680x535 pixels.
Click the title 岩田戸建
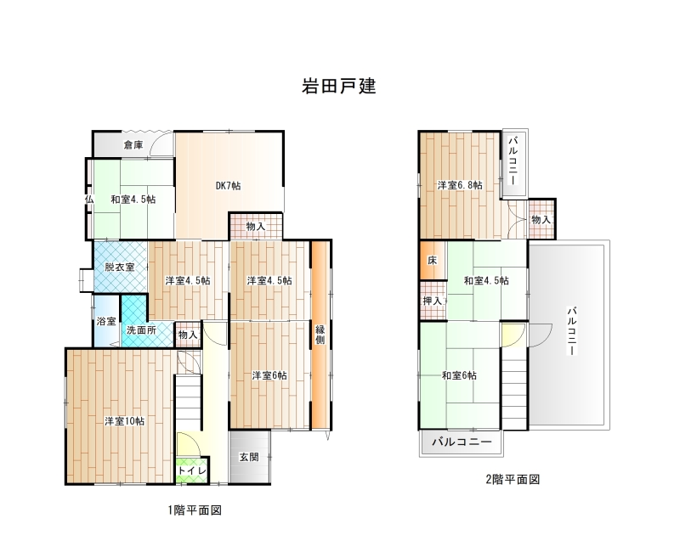pos(338,87)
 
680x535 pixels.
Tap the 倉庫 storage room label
pos(133,144)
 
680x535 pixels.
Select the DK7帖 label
pos(228,185)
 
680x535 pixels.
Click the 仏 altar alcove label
pos(89,200)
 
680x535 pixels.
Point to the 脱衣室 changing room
pos(120,267)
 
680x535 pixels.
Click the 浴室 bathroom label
pos(106,322)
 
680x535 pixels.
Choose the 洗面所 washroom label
pos(141,330)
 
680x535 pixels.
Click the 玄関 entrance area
pos(250,457)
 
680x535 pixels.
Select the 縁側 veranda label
pos(320,335)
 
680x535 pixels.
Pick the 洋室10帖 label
pos(124,421)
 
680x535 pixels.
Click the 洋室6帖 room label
pos(269,375)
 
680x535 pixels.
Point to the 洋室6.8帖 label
pos(460,185)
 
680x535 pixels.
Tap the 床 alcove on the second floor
pos(433,261)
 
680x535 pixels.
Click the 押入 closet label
pos(433,301)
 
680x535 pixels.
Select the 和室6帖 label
pos(459,375)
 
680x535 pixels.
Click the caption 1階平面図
pos(195,510)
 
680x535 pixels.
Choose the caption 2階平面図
pos(513,480)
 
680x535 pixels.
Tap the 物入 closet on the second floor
pos(541,220)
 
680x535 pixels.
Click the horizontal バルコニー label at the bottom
pos(462,442)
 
